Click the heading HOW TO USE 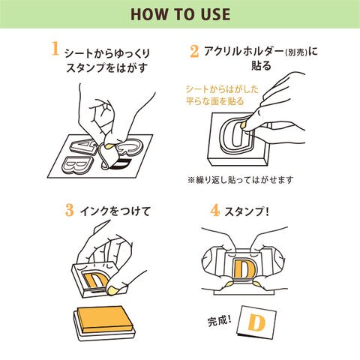(180, 14)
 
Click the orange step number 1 (55, 48)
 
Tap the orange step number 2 (194, 52)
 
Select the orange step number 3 (70, 210)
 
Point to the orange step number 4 (214, 211)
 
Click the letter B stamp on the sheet (77, 164)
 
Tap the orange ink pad (104, 319)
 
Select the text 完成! (220, 320)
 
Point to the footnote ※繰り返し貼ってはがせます (240, 180)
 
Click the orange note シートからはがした (222, 89)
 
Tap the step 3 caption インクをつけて (115, 211)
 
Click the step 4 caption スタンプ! (247, 212)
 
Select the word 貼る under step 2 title (261, 66)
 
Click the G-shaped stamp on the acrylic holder (236, 134)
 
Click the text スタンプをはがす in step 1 (106, 67)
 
